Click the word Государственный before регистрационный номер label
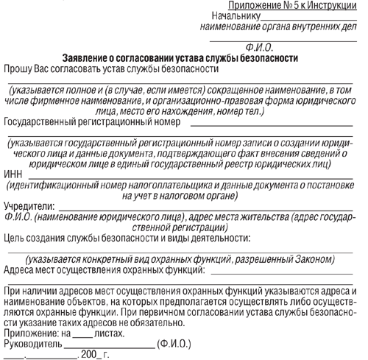coord(45,121)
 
